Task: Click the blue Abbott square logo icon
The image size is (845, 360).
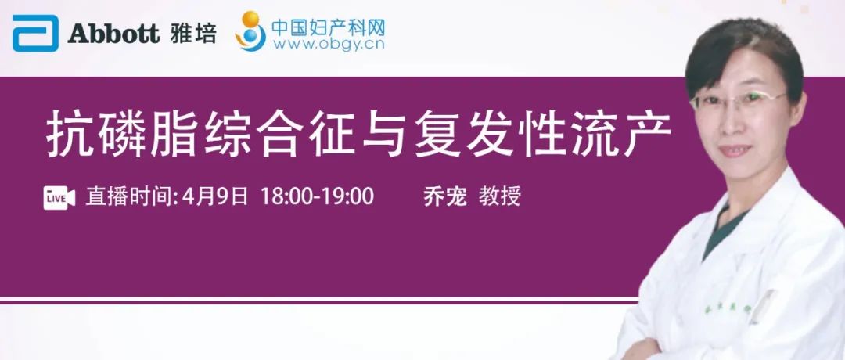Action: coord(35,34)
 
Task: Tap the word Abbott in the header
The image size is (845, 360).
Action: coord(113,34)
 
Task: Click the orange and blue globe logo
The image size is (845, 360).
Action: coord(250,31)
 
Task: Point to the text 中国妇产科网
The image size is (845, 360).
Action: coord(328,27)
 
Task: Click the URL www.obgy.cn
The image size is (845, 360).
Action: coord(329,44)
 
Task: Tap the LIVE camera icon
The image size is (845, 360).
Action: coord(59,198)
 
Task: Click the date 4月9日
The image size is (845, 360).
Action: coord(215,197)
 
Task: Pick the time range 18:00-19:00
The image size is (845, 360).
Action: coord(317,197)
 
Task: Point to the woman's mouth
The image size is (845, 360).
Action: coord(735,150)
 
